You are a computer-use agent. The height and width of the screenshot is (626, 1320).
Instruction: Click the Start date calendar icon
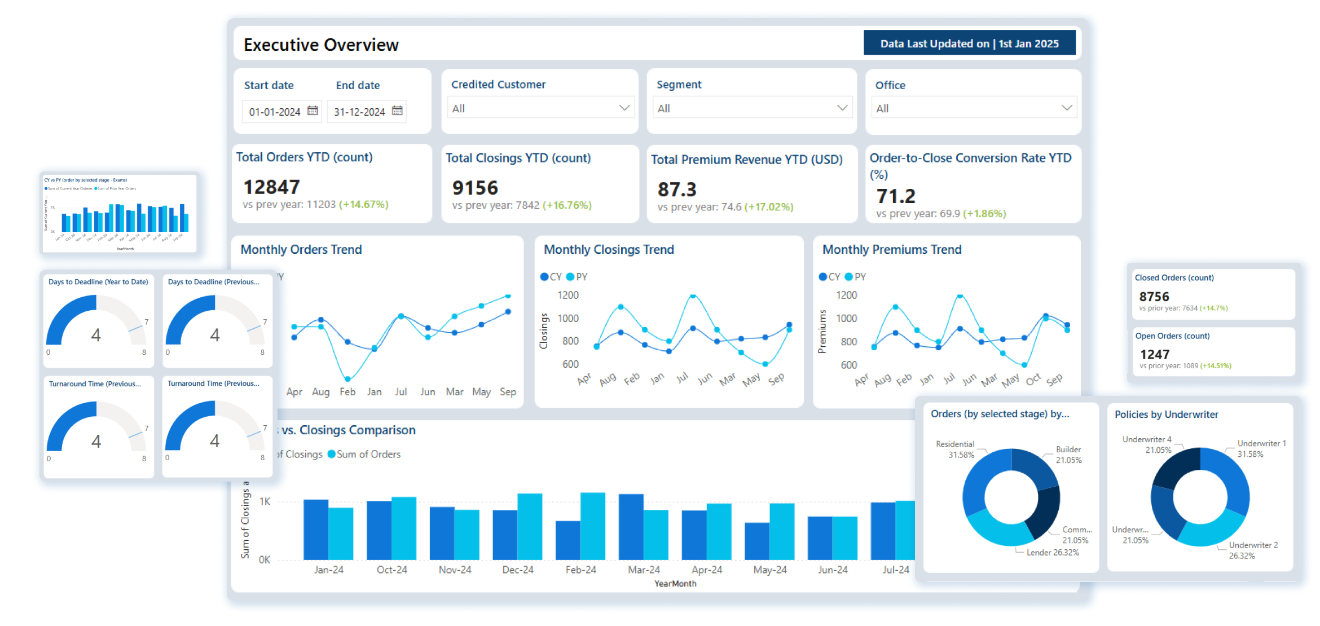[x=313, y=111]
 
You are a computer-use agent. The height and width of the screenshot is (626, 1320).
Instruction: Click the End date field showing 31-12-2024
[x=359, y=112]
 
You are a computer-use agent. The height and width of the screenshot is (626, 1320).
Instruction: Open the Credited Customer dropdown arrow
[x=624, y=108]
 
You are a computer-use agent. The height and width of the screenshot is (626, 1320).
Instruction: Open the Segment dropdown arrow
[x=842, y=108]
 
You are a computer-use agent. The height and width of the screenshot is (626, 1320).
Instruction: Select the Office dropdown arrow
[x=1066, y=108]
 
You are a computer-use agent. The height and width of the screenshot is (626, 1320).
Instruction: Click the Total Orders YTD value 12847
[x=271, y=187]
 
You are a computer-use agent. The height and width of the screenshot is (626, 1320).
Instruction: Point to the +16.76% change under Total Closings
[x=567, y=205]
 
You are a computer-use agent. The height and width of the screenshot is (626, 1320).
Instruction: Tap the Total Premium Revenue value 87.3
[x=677, y=189]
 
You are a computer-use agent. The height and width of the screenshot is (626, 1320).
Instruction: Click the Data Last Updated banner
[x=969, y=43]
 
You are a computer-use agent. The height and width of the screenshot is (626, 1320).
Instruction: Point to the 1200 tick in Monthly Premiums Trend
[x=846, y=295]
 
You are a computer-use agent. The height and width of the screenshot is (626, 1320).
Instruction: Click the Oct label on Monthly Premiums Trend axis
[x=1033, y=380]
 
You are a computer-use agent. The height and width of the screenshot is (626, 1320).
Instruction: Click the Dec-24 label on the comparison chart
[x=518, y=570]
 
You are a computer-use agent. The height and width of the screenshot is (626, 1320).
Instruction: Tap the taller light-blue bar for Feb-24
[x=593, y=526]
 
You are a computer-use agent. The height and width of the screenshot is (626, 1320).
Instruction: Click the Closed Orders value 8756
[x=1154, y=297]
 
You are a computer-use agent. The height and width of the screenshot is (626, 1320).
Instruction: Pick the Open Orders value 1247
[x=1155, y=354]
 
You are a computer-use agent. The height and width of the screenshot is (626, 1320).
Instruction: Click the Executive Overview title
[x=321, y=45]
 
